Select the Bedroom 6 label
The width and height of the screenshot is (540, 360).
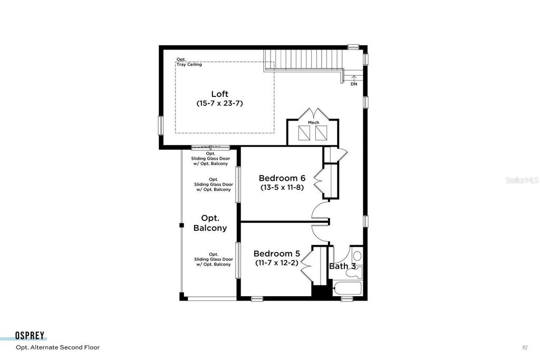point(282,178)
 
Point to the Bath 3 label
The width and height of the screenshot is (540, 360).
point(341,266)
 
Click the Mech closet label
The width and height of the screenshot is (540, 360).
point(314,122)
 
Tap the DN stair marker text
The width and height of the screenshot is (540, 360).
point(354,84)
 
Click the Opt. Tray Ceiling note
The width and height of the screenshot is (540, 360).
point(188,62)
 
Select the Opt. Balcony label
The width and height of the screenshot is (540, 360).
point(210,223)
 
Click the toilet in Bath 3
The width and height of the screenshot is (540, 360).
point(357,257)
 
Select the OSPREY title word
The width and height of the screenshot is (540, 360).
point(30,336)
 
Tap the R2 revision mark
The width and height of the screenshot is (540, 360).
point(524,347)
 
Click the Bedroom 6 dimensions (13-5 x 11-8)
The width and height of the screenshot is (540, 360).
point(282,187)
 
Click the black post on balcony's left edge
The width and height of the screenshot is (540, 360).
point(181,225)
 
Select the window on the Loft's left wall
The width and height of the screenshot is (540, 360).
point(161,125)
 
